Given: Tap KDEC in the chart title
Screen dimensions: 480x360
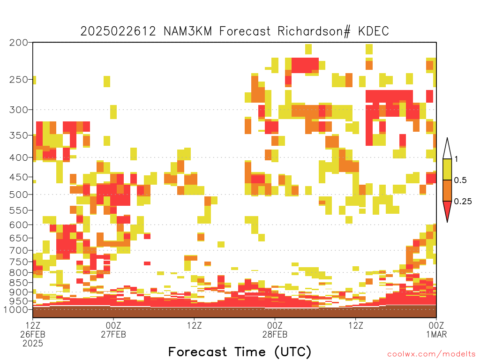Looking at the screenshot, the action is [374, 31].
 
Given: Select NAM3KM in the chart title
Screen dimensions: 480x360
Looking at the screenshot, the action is [187, 31].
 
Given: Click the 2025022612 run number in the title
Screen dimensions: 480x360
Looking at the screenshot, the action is [118, 31].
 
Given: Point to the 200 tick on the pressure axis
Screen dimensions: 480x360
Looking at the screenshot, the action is [19, 43].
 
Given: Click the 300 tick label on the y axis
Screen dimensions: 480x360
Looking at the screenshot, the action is [19, 110].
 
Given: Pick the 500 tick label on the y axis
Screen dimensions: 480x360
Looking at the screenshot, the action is [19, 195].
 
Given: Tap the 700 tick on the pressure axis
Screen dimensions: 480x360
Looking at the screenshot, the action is [19, 250].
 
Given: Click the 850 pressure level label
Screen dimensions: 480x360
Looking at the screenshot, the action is [19, 283].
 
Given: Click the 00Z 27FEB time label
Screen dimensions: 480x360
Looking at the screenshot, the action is [113, 330].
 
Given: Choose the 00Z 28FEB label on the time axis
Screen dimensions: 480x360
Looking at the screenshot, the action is [275, 330].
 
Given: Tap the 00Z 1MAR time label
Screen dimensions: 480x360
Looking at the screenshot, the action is [436, 330].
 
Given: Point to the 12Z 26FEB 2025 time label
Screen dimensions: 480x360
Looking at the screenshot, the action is [33, 334].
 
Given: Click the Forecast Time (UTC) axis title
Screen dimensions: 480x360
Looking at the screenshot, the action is [240, 352].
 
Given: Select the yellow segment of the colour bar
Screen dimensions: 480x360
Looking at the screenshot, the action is [447, 169].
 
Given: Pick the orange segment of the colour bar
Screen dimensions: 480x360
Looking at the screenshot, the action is [447, 190].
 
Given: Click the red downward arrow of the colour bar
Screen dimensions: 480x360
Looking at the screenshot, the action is [447, 210].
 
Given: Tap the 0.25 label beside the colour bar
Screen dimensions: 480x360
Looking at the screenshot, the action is [463, 202].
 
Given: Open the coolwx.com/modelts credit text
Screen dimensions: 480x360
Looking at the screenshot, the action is [431, 354].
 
